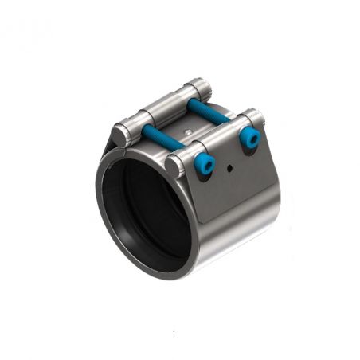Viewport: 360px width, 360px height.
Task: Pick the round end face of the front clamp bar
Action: [x=178, y=165]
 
